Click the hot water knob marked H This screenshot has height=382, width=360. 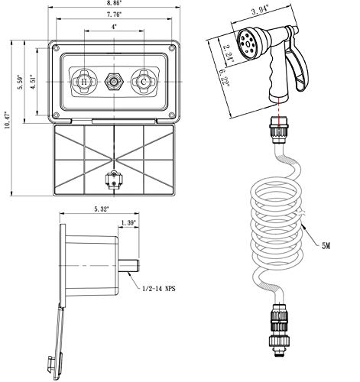point(79,82)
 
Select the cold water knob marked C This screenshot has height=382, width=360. point(141,82)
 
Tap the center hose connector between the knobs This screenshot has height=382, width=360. point(113,82)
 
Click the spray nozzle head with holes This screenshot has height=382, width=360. point(252,38)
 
